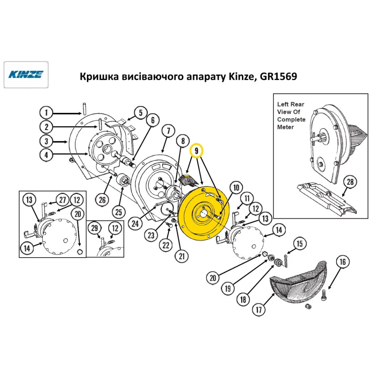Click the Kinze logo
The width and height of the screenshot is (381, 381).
click(26, 74)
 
